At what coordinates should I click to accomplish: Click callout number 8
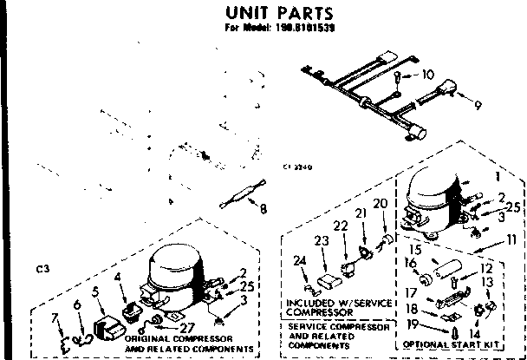[263, 208]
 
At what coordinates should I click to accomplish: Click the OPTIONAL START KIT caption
[459, 344]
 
